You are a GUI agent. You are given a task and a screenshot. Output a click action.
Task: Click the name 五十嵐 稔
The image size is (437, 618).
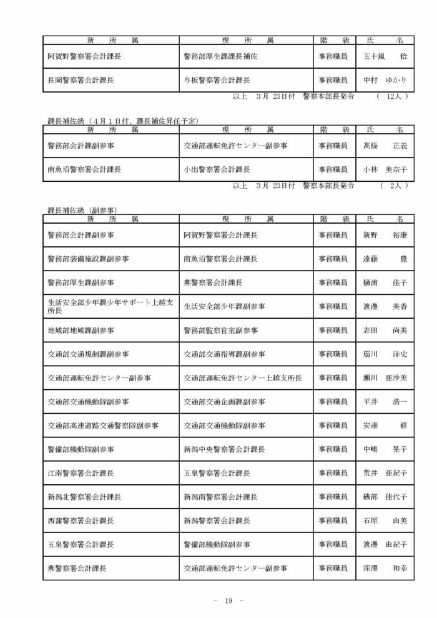tap(385, 56)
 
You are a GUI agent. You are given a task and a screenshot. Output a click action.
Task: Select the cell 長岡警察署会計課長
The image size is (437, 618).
tap(81, 81)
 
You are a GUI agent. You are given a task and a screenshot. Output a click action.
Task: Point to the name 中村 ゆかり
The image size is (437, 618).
tap(385, 81)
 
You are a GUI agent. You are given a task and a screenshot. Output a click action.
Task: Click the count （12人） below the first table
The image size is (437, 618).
tap(393, 97)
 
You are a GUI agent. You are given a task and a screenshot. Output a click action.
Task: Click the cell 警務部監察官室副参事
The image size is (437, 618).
tap(220, 331)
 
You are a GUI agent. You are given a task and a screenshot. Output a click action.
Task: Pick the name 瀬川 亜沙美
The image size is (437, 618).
tap(385, 378)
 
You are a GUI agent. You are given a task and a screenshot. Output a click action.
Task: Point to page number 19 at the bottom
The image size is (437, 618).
tap(228, 601)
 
